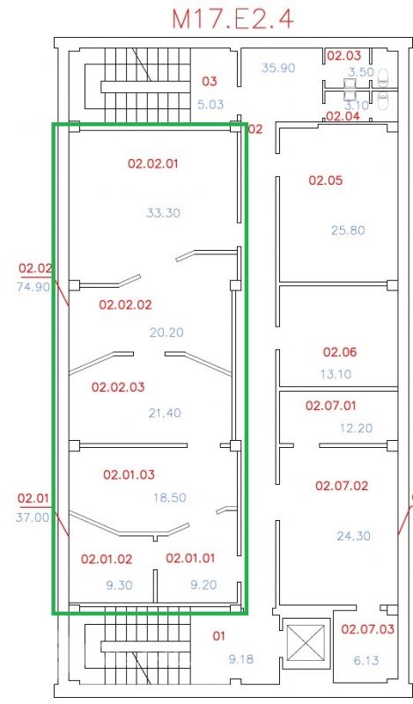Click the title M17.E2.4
(233, 18)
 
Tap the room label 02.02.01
(153, 164)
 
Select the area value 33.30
(163, 212)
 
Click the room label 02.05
(325, 180)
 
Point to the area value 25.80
(349, 231)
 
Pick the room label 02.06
(340, 352)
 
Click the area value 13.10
(336, 374)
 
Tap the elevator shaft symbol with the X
(306, 642)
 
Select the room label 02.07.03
(367, 629)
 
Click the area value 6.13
(365, 661)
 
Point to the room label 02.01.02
(107, 560)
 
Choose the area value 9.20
(203, 584)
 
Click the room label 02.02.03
(118, 387)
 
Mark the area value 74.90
(33, 287)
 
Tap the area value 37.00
(33, 517)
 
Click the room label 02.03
(343, 55)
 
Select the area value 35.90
(278, 69)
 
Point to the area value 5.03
(210, 105)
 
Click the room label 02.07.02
(342, 486)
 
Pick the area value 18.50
(170, 498)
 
